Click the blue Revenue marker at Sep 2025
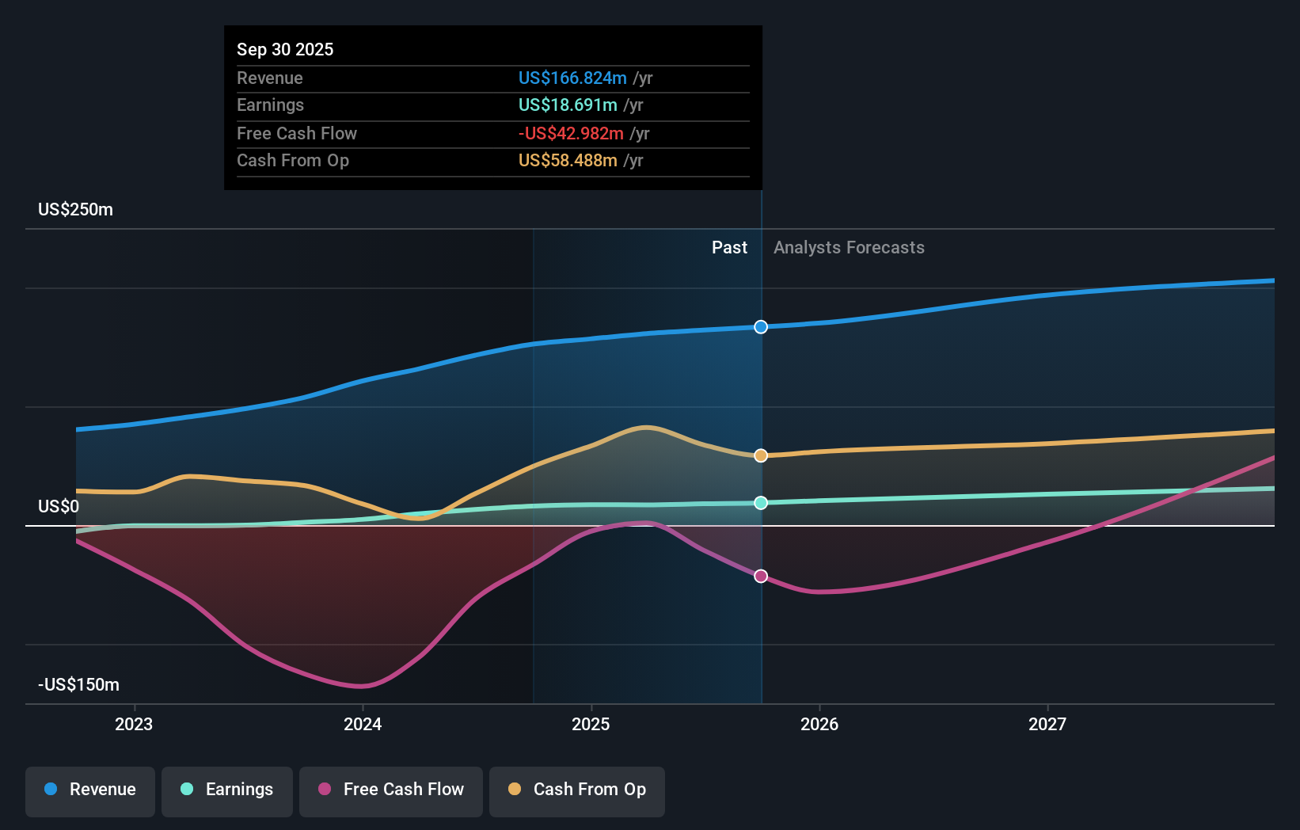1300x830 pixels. [761, 327]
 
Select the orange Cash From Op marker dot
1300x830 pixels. [761, 455]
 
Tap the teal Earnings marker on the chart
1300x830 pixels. [761, 503]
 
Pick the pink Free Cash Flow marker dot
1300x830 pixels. [761, 576]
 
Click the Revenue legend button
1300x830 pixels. [90, 790]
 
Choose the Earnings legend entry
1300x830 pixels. [227, 790]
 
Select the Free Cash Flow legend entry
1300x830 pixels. [391, 790]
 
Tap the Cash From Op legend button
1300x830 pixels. [577, 790]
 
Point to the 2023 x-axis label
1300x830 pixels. [134, 724]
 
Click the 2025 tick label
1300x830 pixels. [591, 724]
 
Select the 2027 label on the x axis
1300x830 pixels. [1047, 724]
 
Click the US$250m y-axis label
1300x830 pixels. [76, 210]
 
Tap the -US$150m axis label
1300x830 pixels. [79, 685]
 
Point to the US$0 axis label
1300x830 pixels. [59, 507]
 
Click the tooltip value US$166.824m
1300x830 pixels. [572, 78]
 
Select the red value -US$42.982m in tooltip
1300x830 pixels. [571, 134]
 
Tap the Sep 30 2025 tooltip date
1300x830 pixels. [285, 50]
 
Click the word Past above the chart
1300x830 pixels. [729, 248]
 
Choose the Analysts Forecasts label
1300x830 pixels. [849, 248]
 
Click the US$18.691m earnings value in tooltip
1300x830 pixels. [568, 105]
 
